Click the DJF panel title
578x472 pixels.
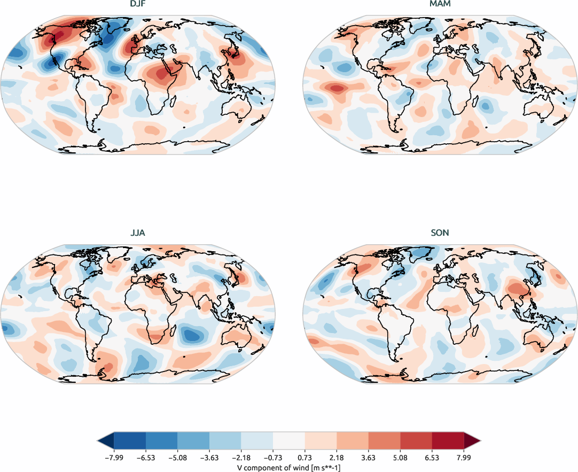(138, 5)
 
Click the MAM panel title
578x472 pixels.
(440, 5)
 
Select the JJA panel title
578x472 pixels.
(138, 233)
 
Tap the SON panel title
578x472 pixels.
(440, 233)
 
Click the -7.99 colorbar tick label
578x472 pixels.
(113, 458)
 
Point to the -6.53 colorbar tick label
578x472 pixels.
(145, 458)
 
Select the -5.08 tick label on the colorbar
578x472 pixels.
(177, 458)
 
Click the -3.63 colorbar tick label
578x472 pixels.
(208, 458)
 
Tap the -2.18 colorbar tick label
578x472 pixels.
(240, 458)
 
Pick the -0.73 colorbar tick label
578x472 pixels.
(272, 458)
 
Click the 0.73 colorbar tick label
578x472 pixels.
(305, 458)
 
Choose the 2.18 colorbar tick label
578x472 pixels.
(337, 458)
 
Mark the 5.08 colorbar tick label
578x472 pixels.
(401, 458)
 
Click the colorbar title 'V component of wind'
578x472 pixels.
(288, 467)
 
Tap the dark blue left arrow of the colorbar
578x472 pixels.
(106, 440)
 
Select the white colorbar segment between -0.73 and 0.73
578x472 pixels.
(288, 440)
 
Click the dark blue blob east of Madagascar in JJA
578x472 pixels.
(192, 336)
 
